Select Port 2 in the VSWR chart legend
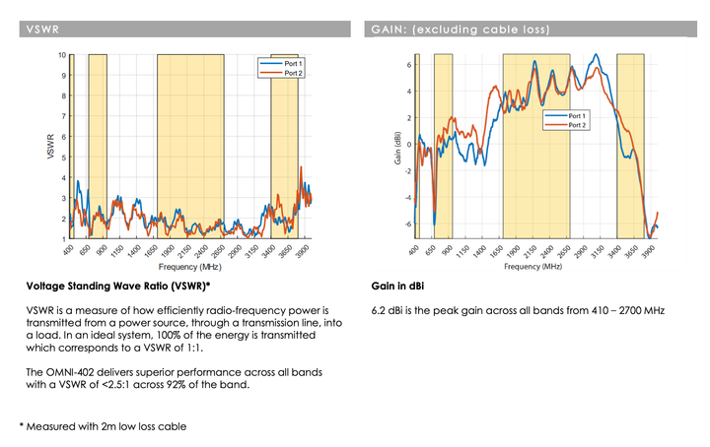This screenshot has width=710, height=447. (x=293, y=73)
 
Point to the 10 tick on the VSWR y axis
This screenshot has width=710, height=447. (x=62, y=55)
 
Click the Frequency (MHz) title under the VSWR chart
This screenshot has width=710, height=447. (x=188, y=267)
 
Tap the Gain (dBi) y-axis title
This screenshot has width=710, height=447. (x=397, y=147)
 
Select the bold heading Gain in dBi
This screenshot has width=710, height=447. (x=398, y=287)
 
